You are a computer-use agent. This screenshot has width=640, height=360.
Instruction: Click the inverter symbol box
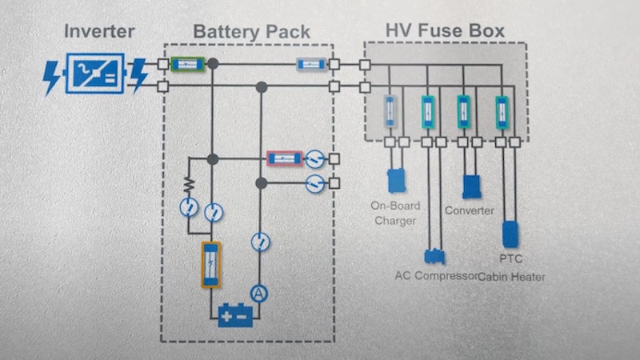tap(95, 74)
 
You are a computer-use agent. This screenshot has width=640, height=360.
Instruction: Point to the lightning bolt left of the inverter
tap(52, 75)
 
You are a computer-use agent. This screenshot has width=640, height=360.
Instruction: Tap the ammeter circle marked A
tap(258, 293)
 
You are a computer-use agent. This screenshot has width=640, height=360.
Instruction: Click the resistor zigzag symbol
tap(190, 186)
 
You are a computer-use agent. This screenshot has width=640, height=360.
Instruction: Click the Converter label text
tap(470, 210)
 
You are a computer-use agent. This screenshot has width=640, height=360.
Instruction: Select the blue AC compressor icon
tap(435, 256)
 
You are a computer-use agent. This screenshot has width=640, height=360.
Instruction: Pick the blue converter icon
tap(472, 186)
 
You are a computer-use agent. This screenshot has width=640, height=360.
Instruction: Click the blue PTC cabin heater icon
tap(510, 234)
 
